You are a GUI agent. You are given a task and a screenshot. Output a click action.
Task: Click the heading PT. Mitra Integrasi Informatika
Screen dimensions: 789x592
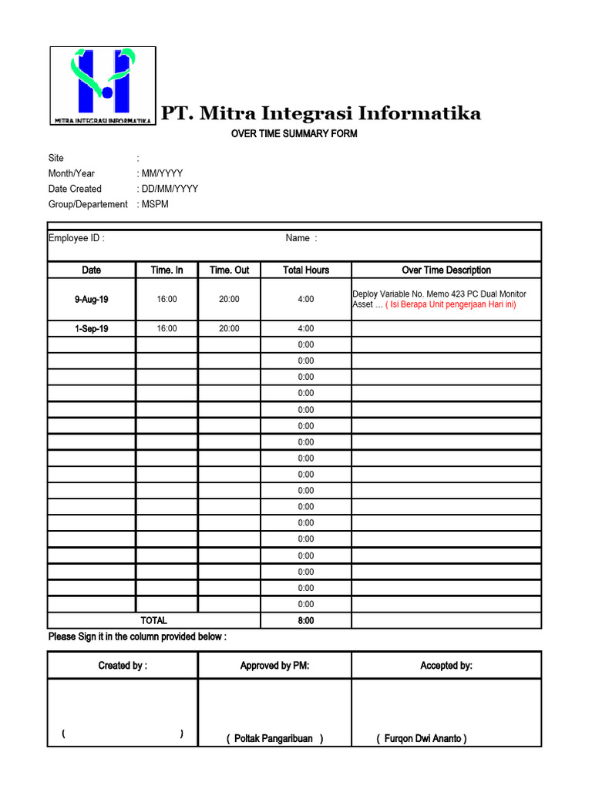[321, 114]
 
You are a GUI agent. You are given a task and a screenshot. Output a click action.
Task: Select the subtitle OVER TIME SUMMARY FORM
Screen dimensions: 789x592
[294, 134]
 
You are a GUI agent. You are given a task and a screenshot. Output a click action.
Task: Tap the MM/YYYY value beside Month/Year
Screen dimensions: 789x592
[161, 173]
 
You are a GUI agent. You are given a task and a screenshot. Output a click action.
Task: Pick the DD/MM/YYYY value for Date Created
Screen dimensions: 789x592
[169, 189]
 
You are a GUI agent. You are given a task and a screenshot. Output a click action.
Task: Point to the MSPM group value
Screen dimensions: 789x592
[154, 204]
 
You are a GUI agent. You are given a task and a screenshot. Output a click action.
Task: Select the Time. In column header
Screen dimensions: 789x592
[166, 270]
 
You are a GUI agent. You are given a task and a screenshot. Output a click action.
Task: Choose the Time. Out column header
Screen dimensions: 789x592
[229, 270]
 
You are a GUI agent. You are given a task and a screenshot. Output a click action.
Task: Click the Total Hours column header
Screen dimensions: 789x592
[306, 270]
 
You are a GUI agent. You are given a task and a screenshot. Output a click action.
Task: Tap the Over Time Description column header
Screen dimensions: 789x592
[446, 270]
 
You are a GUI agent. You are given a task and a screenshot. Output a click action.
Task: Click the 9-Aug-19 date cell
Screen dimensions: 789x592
[92, 299]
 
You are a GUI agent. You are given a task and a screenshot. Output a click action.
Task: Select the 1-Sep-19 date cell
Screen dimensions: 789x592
[92, 329]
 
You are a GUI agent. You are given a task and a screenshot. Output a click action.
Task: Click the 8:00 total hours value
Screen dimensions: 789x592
[306, 620]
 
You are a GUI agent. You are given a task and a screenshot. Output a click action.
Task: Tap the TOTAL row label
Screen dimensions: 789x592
[153, 620]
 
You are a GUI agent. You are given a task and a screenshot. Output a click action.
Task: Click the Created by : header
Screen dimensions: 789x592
[123, 666]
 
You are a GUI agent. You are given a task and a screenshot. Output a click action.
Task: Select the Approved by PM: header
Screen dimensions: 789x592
[274, 666]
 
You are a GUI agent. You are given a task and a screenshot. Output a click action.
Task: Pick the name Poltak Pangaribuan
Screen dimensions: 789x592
[274, 739]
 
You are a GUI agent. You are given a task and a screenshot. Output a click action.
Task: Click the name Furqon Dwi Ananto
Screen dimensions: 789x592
[422, 739]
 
